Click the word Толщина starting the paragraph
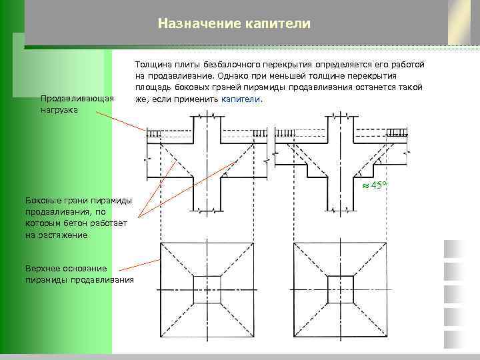point(153,65)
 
